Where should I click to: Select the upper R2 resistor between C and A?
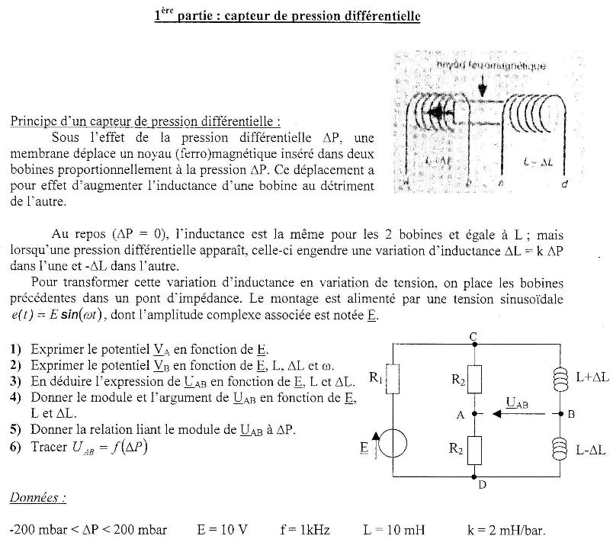pyautogui.click(x=474, y=379)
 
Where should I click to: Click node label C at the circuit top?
pyautogui.click(x=474, y=336)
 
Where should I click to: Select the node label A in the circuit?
pyautogui.click(x=460, y=415)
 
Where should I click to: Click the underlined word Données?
pyautogui.click(x=37, y=498)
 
